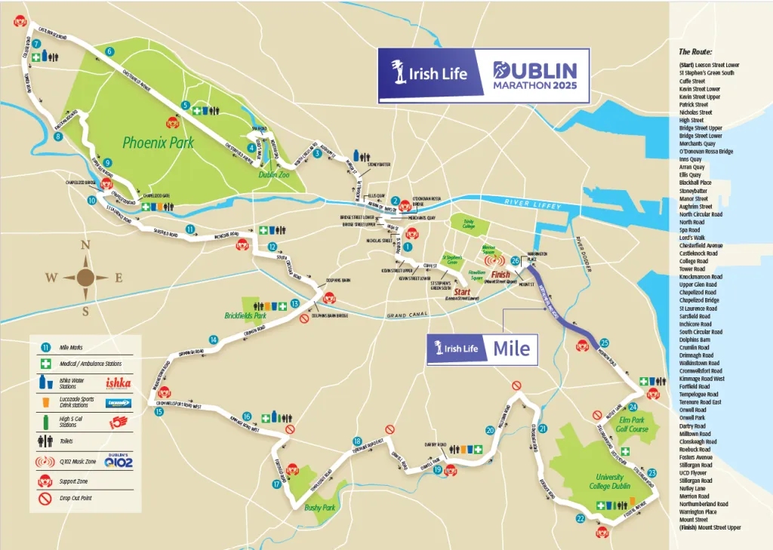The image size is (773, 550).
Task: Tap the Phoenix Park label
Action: pyautogui.click(x=159, y=141)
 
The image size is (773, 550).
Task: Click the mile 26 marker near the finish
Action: pyautogui.click(x=515, y=261)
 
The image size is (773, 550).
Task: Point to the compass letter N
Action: pyautogui.click(x=85, y=244)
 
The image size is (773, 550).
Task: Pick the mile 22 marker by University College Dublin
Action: pyautogui.click(x=581, y=518)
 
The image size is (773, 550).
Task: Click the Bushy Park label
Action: pyautogui.click(x=319, y=508)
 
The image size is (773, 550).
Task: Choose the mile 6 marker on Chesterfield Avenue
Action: pyautogui.click(x=110, y=51)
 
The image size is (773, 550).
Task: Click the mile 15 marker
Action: pyautogui.click(x=159, y=411)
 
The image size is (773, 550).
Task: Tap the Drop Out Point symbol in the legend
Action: pyautogui.click(x=45, y=498)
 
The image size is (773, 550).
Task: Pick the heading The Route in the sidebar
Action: pyautogui.click(x=696, y=52)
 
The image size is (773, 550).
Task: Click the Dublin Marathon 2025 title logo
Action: pyautogui.click(x=534, y=75)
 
